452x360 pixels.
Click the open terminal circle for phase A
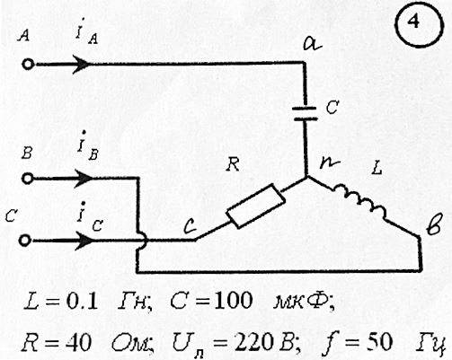click(28, 65)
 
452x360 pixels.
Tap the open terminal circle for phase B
click(27, 179)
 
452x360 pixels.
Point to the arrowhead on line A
click(81, 64)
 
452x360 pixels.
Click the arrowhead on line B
click(84, 179)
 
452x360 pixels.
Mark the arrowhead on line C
click(84, 241)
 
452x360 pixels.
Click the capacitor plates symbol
click(305, 113)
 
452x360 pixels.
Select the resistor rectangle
click(255, 206)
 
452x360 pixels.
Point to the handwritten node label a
click(312, 44)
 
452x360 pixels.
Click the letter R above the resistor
click(233, 164)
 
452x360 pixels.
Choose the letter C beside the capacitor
click(332, 107)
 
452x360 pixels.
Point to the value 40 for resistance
click(78, 342)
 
